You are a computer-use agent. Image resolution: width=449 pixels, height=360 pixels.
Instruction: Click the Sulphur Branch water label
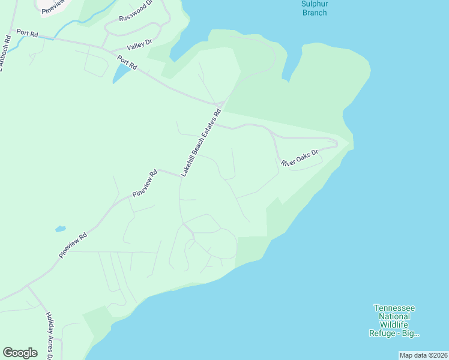(x=315, y=8)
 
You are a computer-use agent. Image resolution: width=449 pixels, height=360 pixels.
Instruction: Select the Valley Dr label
(x=140, y=44)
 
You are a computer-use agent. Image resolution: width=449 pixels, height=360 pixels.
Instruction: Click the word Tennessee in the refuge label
(x=394, y=308)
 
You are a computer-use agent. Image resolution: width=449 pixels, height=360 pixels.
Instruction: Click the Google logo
(x=20, y=352)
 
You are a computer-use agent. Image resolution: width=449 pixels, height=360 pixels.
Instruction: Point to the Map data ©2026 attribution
(x=423, y=355)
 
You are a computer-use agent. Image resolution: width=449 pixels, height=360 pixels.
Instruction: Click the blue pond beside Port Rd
(x=121, y=74)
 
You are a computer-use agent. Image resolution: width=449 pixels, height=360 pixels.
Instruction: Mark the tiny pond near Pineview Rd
(x=60, y=229)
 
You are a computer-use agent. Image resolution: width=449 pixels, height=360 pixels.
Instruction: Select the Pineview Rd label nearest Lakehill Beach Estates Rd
(x=145, y=184)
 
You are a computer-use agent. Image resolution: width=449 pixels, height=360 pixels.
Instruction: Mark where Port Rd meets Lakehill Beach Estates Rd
(x=219, y=106)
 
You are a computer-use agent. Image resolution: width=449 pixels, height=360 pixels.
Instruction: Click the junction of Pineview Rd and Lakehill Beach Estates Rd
(x=181, y=176)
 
